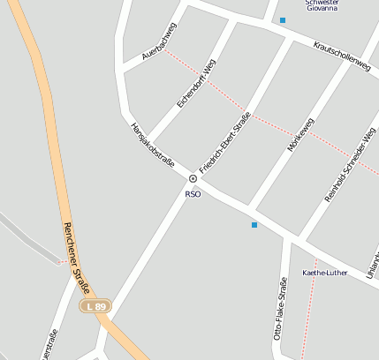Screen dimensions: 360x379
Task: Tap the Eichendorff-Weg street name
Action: tap(196, 83)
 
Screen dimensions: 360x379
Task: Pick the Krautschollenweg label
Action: tap(340, 56)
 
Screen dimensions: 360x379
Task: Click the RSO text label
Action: tap(193, 194)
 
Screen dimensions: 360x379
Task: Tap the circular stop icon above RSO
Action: tap(193, 179)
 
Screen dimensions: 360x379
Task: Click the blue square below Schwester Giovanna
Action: tap(283, 20)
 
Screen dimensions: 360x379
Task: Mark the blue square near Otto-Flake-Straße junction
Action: tap(254, 225)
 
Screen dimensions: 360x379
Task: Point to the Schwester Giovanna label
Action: tap(322, 6)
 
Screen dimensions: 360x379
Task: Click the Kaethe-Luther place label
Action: tap(325, 273)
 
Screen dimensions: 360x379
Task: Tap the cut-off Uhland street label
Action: tap(371, 263)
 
